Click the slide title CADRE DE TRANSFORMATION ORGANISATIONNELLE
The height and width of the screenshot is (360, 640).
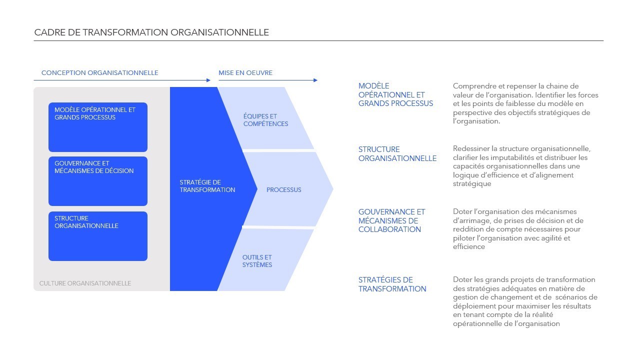click(x=151, y=32)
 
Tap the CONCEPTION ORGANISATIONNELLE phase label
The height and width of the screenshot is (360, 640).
click(x=99, y=73)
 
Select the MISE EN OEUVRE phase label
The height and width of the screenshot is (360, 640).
click(x=245, y=73)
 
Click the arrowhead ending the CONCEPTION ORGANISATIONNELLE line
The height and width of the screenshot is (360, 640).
click(x=208, y=80)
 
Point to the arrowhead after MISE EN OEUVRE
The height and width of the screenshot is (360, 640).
click(x=315, y=80)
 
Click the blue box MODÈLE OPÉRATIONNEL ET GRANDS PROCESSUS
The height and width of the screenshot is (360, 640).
click(x=98, y=127)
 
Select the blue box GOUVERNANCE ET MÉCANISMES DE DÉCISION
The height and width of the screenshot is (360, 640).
click(x=98, y=181)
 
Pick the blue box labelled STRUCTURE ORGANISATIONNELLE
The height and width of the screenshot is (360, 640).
click(x=98, y=236)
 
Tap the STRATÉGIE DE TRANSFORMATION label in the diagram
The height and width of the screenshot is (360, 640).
click(x=207, y=186)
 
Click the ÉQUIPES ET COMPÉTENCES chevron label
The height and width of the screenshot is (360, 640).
click(x=265, y=120)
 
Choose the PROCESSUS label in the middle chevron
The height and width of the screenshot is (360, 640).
click(x=283, y=190)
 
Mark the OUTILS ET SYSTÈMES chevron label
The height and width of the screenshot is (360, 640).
click(x=257, y=261)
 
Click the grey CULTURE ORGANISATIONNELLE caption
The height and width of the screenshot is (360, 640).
click(x=85, y=283)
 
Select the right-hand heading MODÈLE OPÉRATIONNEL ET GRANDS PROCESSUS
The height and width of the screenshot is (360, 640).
click(x=395, y=94)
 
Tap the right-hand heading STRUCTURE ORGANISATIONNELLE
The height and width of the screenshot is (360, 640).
click(x=397, y=153)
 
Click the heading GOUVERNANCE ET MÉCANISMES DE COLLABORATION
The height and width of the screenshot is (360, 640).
click(x=391, y=220)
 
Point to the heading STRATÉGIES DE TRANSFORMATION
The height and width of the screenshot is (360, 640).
click(x=392, y=284)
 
